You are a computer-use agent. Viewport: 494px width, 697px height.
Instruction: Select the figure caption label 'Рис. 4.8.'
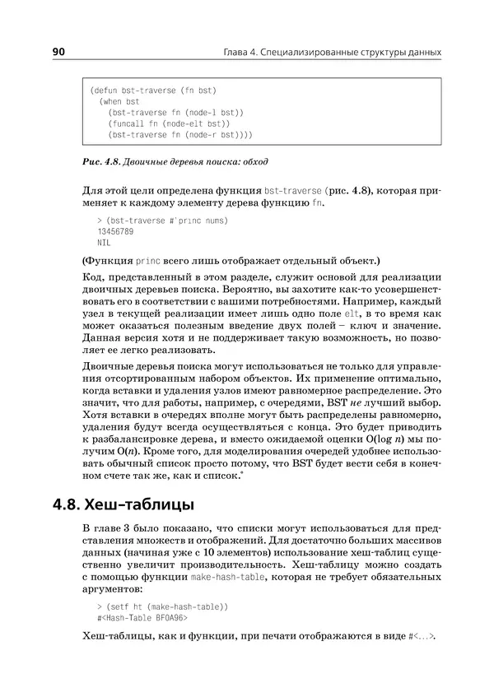click(103, 160)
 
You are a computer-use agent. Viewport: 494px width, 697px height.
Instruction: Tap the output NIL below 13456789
click(103, 244)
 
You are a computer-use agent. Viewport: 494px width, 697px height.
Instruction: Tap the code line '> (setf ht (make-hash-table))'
click(162, 606)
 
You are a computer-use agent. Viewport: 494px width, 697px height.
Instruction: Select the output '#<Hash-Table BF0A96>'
click(142, 617)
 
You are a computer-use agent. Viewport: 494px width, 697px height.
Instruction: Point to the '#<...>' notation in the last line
click(422, 637)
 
